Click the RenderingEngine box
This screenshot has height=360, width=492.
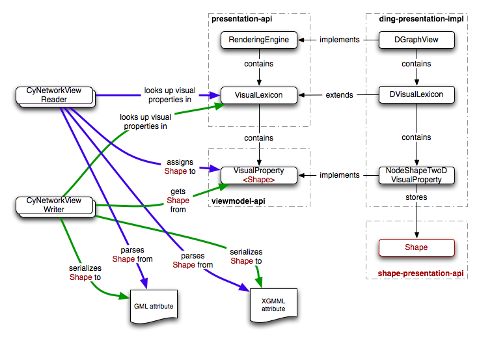258,40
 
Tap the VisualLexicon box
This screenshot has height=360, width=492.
258,95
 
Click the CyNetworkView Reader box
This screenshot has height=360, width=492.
58,96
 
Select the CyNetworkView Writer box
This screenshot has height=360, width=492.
58,205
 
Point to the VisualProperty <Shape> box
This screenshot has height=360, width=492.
258,174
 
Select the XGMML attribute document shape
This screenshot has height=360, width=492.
273,305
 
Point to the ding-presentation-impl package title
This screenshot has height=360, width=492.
420,19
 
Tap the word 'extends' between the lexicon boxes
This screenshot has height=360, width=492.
339,95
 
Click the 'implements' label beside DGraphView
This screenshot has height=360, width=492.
339,40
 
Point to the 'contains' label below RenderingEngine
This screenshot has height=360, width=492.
258,64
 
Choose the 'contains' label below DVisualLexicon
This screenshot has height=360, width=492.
416,137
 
